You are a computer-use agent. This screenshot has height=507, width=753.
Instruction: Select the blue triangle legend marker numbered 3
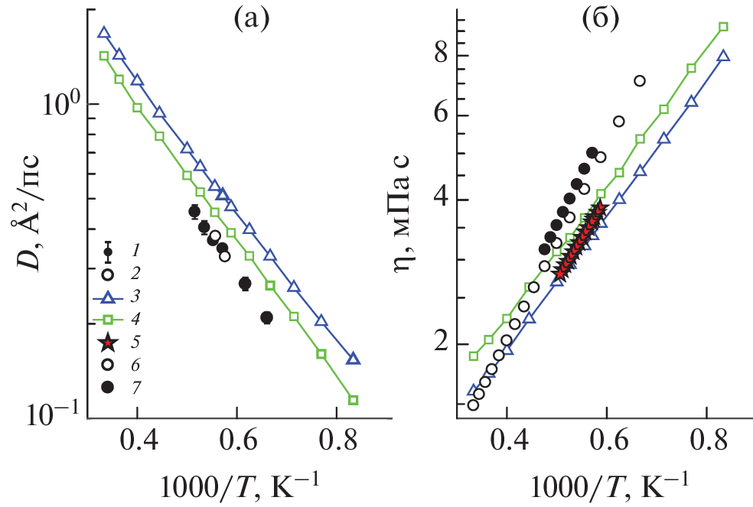pyautogui.click(x=109, y=296)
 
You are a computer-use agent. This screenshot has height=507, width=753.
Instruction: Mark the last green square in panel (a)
pyautogui.click(x=354, y=400)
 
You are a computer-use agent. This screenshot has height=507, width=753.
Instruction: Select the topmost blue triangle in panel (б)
pyautogui.click(x=723, y=56)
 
